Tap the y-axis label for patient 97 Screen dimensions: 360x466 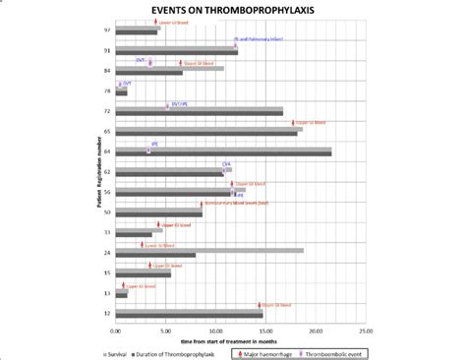pos(106,30)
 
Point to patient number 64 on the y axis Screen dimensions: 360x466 pos(106,151)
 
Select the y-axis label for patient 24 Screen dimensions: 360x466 pos(106,253)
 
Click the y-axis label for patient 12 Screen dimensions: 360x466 pos(106,314)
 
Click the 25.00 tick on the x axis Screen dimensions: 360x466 pos(365,330)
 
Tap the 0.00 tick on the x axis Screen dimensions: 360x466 pos(116,330)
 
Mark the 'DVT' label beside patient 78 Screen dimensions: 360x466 pos(128,84)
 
